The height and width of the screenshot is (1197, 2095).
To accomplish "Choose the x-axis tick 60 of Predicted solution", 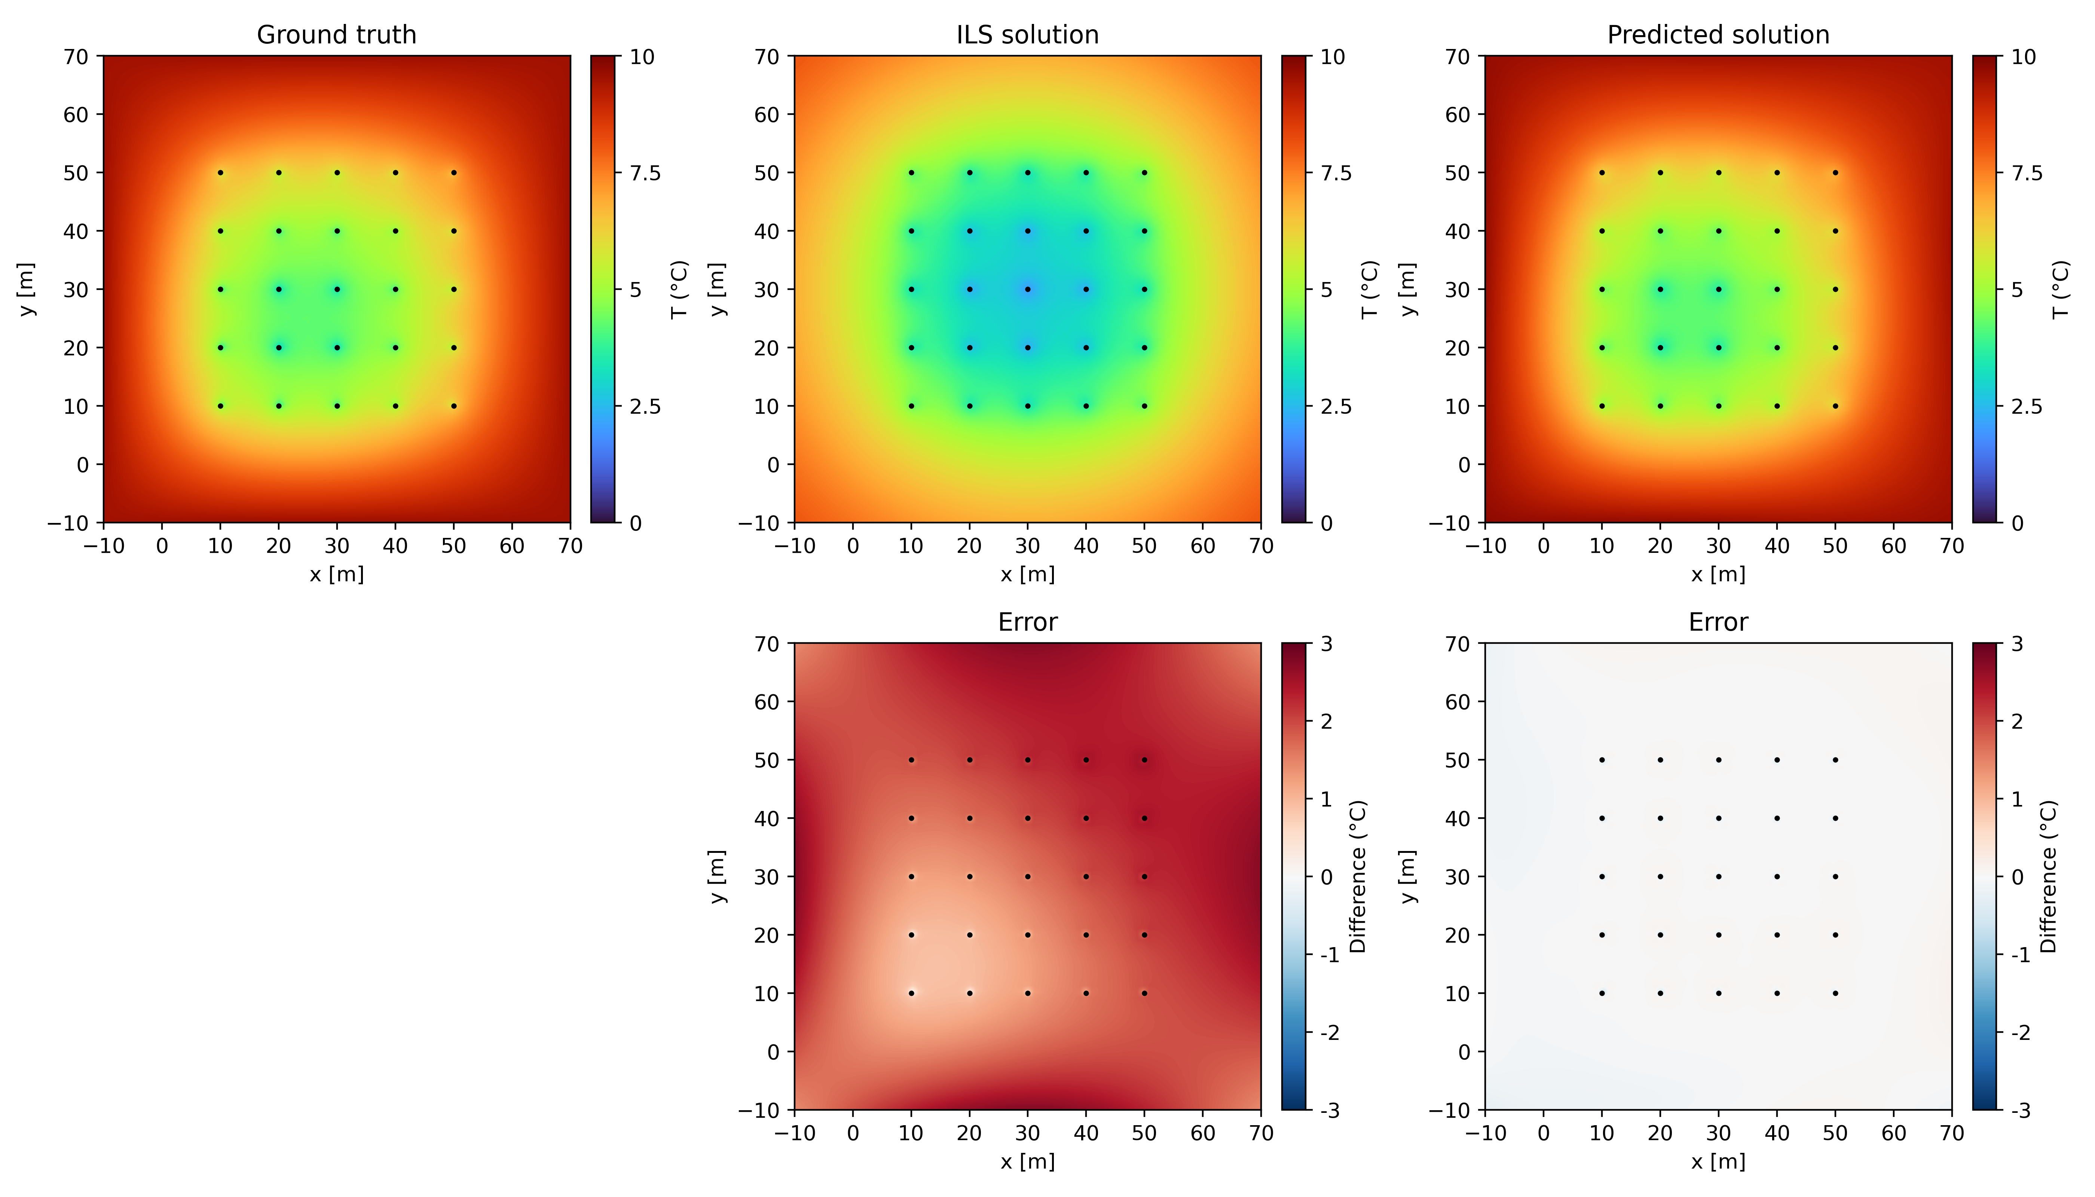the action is [x=1894, y=546].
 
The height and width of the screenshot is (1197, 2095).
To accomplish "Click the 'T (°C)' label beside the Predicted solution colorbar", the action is [x=2059, y=290].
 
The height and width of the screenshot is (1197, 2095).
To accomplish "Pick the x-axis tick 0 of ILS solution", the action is [x=853, y=546].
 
